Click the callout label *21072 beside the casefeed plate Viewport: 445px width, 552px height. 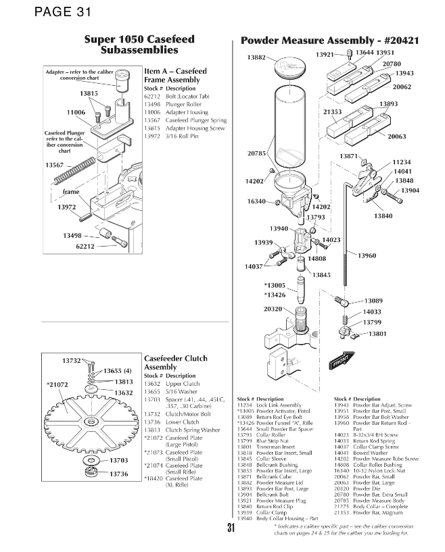pos(57,384)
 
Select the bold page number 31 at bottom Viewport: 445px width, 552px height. pos(231,529)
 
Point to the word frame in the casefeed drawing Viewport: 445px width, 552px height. pos(71,192)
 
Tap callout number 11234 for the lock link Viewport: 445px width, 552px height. pos(402,163)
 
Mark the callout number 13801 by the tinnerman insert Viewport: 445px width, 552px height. pos(377,333)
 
